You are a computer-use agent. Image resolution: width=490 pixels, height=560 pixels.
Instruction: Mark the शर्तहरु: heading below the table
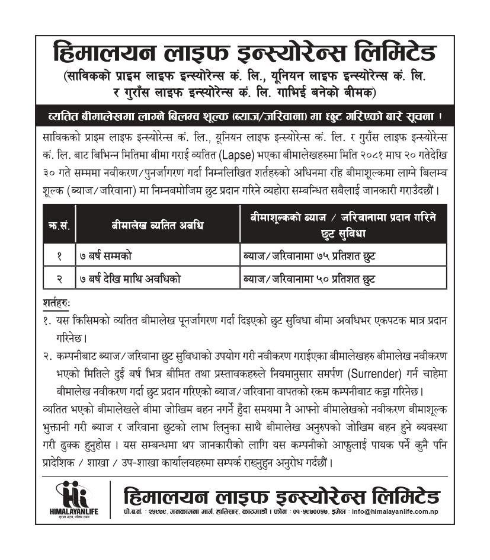57,302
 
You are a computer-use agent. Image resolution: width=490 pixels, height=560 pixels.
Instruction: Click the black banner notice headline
245,116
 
